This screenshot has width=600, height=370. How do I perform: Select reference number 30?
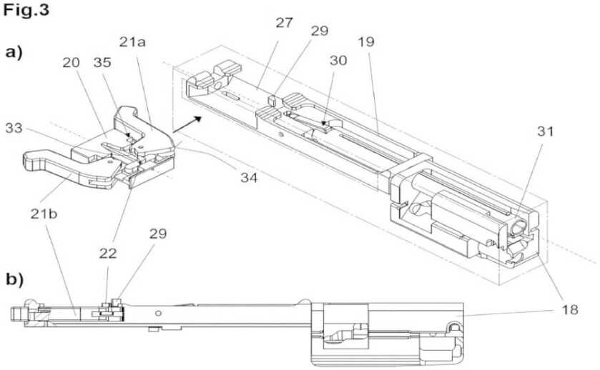(x=338, y=61)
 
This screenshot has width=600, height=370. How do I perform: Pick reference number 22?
(x=107, y=254)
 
